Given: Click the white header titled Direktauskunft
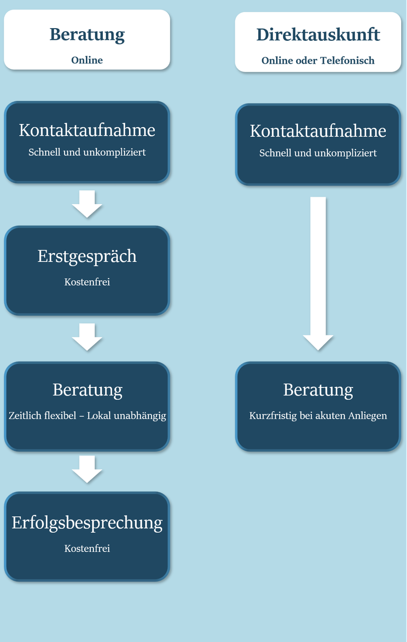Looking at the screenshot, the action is (318, 42).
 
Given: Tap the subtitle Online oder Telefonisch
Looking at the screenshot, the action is (318, 60).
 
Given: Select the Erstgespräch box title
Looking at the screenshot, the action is (87, 257).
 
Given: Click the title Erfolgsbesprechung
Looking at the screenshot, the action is (87, 523).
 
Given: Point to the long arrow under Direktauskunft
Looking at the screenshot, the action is (318, 274).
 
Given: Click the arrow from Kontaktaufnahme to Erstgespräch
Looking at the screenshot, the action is (87, 204).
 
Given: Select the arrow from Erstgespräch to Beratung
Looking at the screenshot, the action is (87, 337).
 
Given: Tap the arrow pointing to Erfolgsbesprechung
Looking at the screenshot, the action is (87, 469).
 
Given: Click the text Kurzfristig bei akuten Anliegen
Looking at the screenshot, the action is (318, 416).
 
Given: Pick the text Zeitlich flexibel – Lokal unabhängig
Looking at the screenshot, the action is (87, 416).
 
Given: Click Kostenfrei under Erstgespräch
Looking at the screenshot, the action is (87, 282).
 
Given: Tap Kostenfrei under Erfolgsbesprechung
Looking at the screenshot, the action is (87, 549).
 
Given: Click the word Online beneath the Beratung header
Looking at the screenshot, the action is (87, 60).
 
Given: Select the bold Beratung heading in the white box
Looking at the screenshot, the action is (87, 35).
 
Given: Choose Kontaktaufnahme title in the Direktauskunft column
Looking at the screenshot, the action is (318, 131).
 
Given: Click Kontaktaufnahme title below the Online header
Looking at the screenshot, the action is (87, 130).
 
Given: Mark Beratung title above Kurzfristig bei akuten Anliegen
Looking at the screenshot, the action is (318, 390).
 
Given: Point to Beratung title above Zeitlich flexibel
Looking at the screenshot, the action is (87, 390).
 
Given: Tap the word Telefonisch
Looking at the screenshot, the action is (347, 60).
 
